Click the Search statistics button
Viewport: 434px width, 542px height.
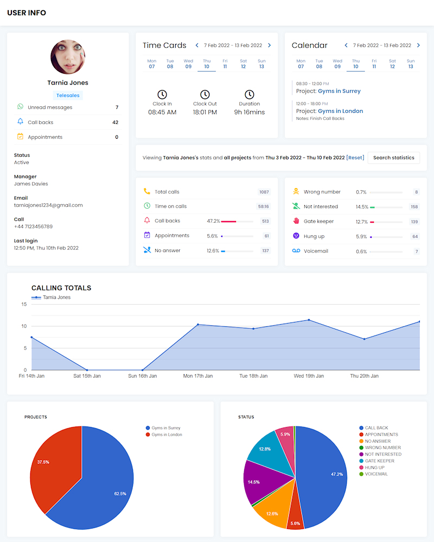point(394,158)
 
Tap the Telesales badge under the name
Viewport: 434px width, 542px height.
point(68,95)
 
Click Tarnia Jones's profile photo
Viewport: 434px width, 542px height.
point(68,57)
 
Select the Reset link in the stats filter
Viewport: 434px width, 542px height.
point(355,158)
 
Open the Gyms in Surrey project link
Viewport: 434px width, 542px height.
point(339,91)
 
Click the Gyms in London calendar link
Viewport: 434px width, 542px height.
point(340,111)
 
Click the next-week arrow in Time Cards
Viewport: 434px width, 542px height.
point(270,46)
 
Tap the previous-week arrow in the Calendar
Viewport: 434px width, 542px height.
point(346,46)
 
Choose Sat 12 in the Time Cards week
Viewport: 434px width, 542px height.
point(243,64)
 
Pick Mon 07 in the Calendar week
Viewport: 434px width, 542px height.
point(301,64)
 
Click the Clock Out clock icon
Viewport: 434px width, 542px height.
point(205,95)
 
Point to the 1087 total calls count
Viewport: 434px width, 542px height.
point(264,192)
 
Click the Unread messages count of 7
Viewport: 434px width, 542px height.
point(117,107)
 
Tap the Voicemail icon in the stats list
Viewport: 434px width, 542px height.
point(296,251)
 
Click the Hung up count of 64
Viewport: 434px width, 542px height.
point(415,236)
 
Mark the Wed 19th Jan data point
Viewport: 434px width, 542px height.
point(309,320)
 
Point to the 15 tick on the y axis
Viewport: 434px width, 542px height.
point(24,304)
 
